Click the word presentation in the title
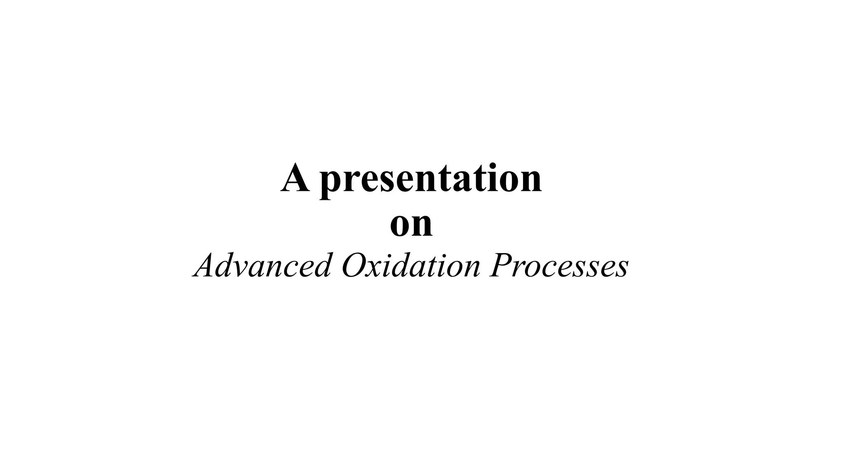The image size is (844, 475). tap(431, 179)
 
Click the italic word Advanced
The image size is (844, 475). tap(262, 265)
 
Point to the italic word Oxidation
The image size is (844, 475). tap(411, 265)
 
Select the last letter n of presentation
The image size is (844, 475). tap(530, 181)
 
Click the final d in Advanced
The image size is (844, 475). tap(322, 265)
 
